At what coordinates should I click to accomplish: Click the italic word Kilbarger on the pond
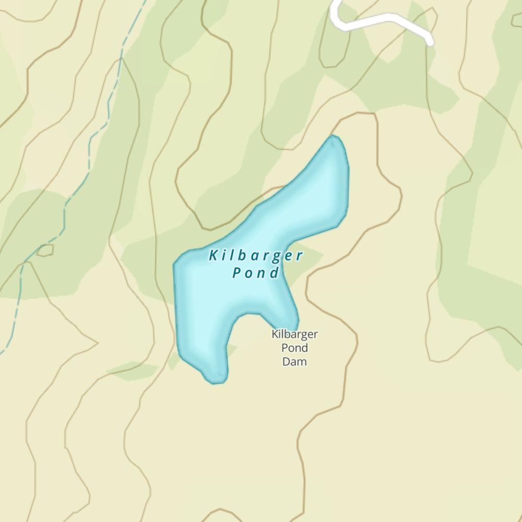pyautogui.click(x=256, y=256)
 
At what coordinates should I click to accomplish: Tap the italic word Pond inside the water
pyautogui.click(x=255, y=273)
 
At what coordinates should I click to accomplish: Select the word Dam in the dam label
pyautogui.click(x=294, y=361)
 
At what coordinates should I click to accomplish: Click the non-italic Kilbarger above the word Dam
pyautogui.click(x=294, y=334)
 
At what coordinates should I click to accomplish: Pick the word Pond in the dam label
pyautogui.click(x=294, y=348)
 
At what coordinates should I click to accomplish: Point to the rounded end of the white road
pyautogui.click(x=429, y=42)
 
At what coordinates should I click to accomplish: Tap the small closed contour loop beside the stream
pyautogui.click(x=45, y=250)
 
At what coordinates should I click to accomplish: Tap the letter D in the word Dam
pyautogui.click(x=286, y=361)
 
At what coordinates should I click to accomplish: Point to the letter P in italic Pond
pyautogui.click(x=238, y=273)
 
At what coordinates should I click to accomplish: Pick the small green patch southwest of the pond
pyautogui.click(x=132, y=371)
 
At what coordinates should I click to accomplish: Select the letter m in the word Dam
pyautogui.click(x=303, y=361)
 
